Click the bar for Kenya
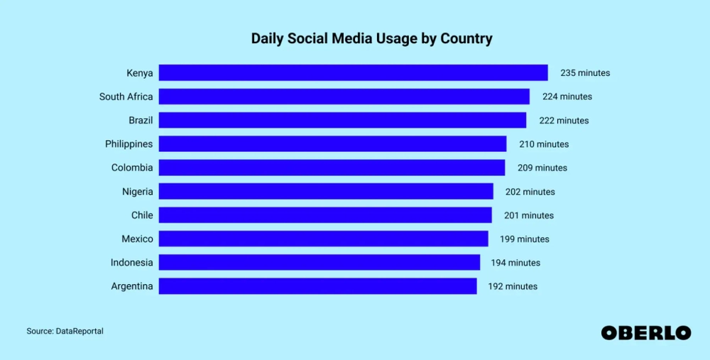pyautogui.click(x=353, y=72)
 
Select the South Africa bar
pyautogui.click(x=344, y=97)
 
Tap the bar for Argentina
pyautogui.click(x=317, y=286)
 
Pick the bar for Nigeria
pyautogui.click(x=326, y=191)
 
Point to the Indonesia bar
pyautogui.click(x=319, y=263)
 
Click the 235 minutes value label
pyautogui.click(x=585, y=73)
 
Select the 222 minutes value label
pyautogui.click(x=564, y=121)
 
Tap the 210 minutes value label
pyautogui.click(x=544, y=144)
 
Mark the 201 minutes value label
pyautogui.click(x=528, y=215)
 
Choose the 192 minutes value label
pyautogui.click(x=513, y=286)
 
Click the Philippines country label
pyautogui.click(x=129, y=144)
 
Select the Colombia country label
pyautogui.click(x=131, y=168)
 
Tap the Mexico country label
pyautogui.click(x=136, y=239)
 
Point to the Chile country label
pyautogui.click(x=141, y=215)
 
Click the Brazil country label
pyautogui.click(x=141, y=121)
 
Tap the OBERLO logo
pyautogui.click(x=645, y=332)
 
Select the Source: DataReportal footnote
pyautogui.click(x=65, y=331)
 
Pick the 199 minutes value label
pyautogui.click(x=524, y=239)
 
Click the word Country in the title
pyautogui.click(x=465, y=39)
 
